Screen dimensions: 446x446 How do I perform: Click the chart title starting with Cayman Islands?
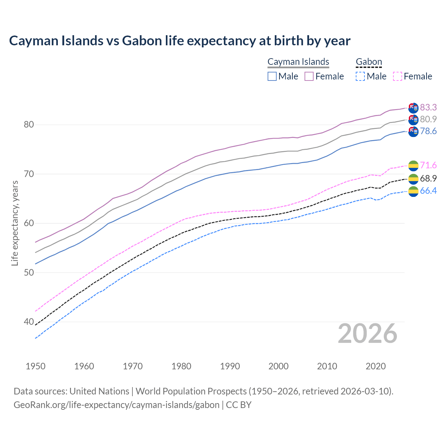[x=179, y=41]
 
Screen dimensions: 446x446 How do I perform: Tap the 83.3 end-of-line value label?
[x=428, y=107]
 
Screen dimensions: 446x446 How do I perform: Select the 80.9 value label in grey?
[x=428, y=119]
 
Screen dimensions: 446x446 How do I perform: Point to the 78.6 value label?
[x=428, y=131]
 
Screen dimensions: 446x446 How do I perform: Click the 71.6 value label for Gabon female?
[x=428, y=166]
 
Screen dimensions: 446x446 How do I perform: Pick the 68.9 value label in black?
[x=428, y=179]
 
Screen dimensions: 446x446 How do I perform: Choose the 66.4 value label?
[x=428, y=191]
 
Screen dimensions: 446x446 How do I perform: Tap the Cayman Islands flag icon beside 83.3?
[x=413, y=108]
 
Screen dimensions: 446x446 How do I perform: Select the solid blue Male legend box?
[x=272, y=76]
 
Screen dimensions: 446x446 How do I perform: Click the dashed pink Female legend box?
[x=398, y=76]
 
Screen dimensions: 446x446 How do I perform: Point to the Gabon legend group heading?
[x=369, y=62]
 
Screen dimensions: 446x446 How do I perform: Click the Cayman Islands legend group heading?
[x=298, y=62]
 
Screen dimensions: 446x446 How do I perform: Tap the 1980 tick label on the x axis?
[x=181, y=366]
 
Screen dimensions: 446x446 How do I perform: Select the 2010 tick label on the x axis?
[x=327, y=366]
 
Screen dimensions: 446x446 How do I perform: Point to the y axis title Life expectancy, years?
[x=15, y=223]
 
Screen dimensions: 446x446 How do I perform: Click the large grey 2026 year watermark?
[x=368, y=334]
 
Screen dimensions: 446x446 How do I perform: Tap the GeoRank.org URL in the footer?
[x=116, y=405]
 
